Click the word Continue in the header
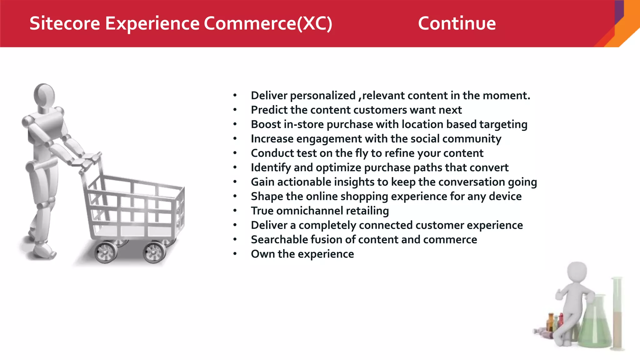[x=457, y=23]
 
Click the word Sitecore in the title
[x=65, y=23]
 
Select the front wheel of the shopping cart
[x=154, y=252]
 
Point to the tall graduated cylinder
[x=617, y=312]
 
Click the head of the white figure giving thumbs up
[x=577, y=272]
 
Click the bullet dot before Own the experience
[x=235, y=254]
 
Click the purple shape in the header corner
[x=619, y=11]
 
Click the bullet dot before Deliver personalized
[x=235, y=95]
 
